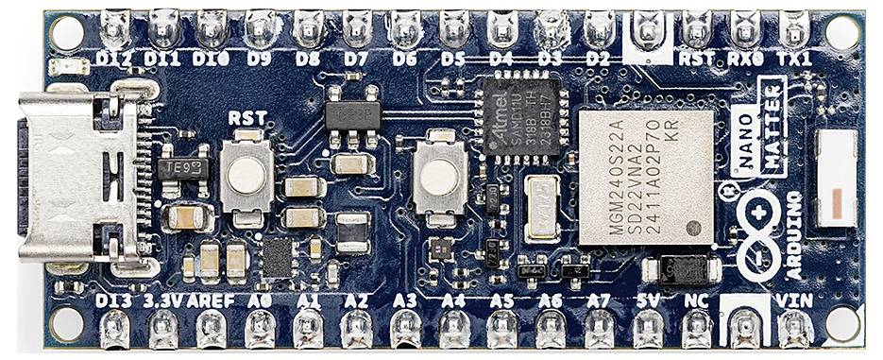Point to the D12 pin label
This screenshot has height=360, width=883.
[x=115, y=59]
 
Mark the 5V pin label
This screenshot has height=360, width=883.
[x=648, y=301]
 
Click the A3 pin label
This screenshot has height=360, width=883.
[x=405, y=301]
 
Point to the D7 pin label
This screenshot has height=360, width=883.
[x=356, y=59]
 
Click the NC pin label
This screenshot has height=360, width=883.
[x=696, y=301]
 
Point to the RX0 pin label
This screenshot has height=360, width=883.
[x=746, y=59]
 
